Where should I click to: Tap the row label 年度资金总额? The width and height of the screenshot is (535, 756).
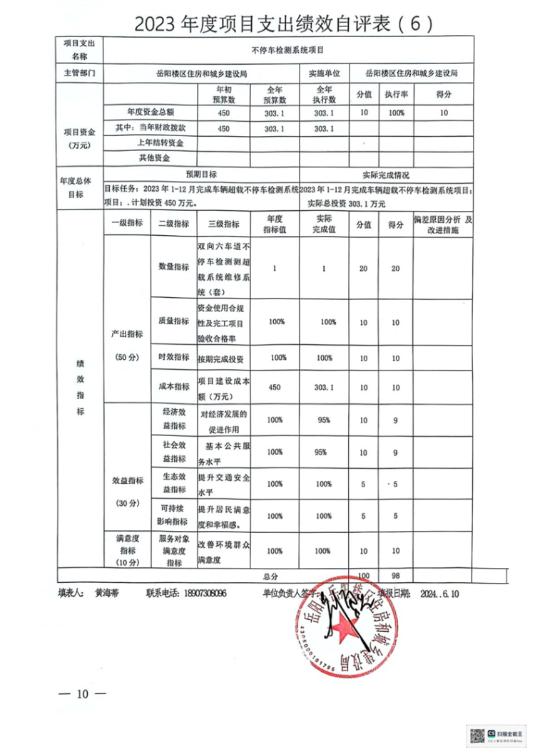(151, 113)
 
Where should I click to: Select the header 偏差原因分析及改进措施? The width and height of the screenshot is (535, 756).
(444, 227)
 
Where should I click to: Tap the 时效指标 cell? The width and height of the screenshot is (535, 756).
(173, 357)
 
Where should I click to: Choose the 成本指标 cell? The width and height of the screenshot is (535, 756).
(173, 386)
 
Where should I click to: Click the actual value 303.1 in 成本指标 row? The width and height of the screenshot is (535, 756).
(324, 386)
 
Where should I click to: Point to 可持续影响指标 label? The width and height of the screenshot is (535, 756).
(173, 516)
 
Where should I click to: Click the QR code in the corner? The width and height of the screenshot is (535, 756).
(477, 735)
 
